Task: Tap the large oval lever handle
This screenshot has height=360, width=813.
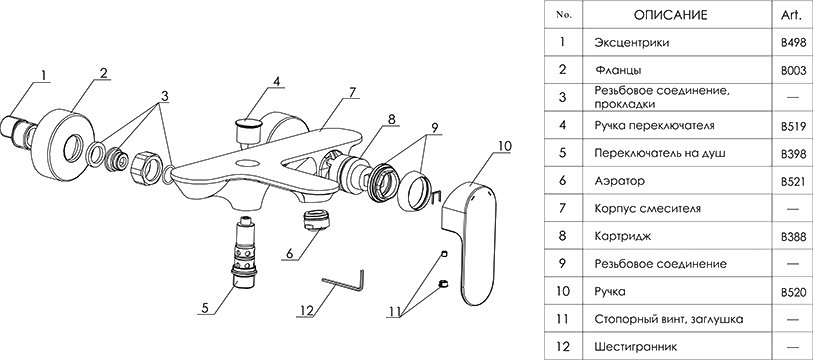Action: pyautogui.click(x=469, y=243)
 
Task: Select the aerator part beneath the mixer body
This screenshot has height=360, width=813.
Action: pyautogui.click(x=316, y=221)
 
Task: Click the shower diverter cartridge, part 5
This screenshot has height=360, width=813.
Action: pyautogui.click(x=245, y=253)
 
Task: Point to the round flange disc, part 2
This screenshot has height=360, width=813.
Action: pyautogui.click(x=67, y=147)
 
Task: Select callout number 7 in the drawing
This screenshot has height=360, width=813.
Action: pyautogui.click(x=352, y=93)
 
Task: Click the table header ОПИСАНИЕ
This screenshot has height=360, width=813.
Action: pyautogui.click(x=670, y=15)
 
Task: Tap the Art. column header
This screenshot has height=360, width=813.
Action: pyautogui.click(x=791, y=15)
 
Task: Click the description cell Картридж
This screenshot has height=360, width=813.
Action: pyautogui.click(x=623, y=237)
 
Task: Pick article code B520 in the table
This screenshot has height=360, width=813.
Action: pyautogui.click(x=793, y=293)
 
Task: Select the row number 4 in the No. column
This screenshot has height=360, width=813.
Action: pyautogui.click(x=563, y=126)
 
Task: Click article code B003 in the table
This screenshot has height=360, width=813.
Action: pyautogui.click(x=793, y=71)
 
